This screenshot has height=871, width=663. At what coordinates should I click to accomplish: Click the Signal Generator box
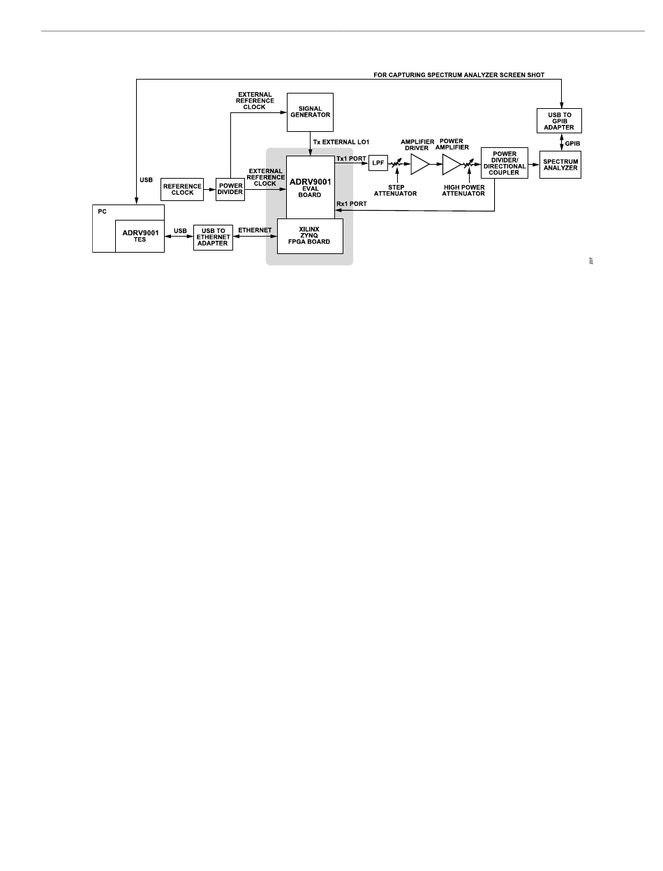pos(310,112)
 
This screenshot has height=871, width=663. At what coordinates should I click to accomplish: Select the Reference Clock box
pos(182,189)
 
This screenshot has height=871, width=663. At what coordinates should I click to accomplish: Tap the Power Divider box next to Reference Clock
pos(230,189)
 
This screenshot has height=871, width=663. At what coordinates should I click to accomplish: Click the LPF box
pos(378,163)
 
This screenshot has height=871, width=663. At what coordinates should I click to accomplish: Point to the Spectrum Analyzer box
pos(560,164)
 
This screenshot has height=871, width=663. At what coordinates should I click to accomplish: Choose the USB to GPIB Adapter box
pos(559,121)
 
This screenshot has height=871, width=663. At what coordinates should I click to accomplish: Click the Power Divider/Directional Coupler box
pos(504,163)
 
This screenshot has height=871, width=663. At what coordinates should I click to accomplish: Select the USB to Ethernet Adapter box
pos(213,237)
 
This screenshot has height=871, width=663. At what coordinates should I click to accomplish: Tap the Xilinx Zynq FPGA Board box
pos(310,236)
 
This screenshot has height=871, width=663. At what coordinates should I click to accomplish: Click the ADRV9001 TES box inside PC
pos(140,235)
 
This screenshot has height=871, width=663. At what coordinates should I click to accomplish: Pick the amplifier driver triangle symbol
pos(419,164)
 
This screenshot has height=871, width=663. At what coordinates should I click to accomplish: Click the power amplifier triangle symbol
pos(451,164)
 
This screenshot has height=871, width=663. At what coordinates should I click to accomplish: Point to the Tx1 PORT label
pos(351,158)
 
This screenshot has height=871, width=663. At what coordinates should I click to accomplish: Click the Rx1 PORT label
pos(351,204)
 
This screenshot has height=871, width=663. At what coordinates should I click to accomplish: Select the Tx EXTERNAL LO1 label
pos(341,142)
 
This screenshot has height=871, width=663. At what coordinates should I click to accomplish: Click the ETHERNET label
pos(255,230)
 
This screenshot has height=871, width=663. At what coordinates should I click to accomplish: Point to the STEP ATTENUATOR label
pos(395,191)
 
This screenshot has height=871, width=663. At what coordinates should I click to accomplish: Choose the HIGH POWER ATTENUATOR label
pos(463,191)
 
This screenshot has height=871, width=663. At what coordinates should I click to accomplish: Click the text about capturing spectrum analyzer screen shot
pos(459,75)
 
